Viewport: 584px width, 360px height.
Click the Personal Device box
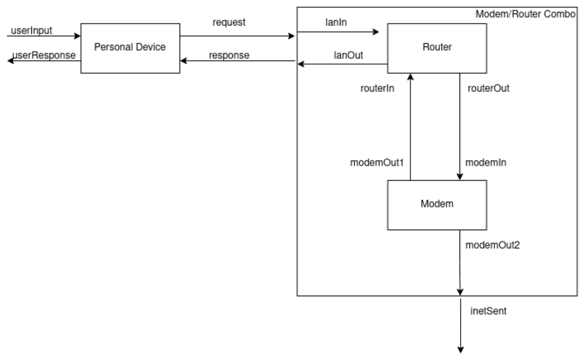tap(130, 48)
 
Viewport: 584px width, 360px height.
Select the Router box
tap(437, 48)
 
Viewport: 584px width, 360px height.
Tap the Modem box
tap(437, 204)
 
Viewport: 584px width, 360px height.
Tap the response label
tap(229, 55)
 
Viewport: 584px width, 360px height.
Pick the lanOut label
tap(330, 56)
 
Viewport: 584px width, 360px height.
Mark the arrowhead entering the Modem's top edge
tap(460, 177)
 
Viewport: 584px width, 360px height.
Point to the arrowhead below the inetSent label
tap(460, 350)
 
